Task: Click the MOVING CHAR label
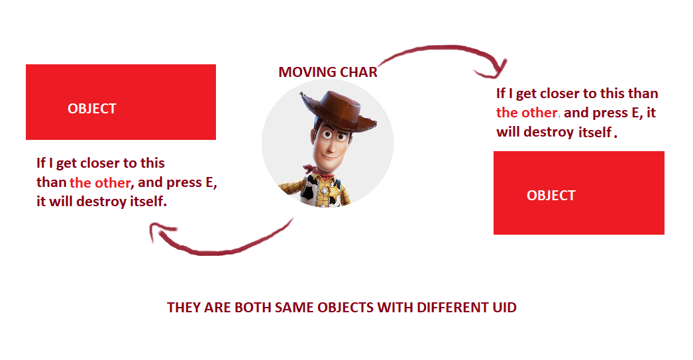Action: [x=328, y=72]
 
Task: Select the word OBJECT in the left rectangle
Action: [x=92, y=108]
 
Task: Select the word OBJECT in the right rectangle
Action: [x=551, y=196]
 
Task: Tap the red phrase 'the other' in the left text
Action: [x=100, y=183]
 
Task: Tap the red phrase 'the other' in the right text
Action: [x=527, y=113]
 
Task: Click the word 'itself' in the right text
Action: [x=595, y=132]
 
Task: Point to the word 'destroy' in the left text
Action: [x=101, y=202]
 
